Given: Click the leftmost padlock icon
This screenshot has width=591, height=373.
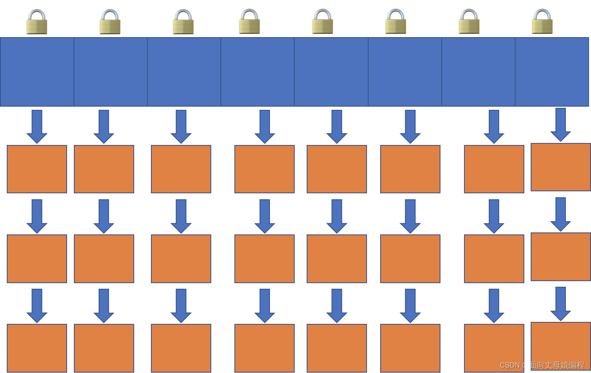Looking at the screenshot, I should [x=37, y=23].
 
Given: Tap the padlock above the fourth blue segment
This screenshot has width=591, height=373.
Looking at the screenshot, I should [x=250, y=23].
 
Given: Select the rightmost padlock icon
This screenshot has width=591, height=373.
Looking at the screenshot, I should [x=542, y=23].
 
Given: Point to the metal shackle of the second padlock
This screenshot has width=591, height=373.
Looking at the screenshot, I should [x=110, y=15].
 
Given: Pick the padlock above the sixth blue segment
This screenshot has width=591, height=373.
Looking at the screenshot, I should [x=396, y=23].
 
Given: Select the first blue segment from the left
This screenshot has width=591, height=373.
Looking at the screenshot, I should [x=37, y=72].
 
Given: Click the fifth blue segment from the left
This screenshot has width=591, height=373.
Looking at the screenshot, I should [x=331, y=72].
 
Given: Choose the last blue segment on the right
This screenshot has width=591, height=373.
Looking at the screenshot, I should [x=552, y=72].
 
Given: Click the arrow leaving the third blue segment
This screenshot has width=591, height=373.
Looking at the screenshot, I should [x=181, y=126].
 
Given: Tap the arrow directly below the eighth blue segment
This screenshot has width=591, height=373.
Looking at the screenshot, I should [x=561, y=124].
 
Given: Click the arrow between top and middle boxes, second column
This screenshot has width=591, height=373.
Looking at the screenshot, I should [x=104, y=216].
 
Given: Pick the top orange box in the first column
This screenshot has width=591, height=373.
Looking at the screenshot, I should [x=37, y=169].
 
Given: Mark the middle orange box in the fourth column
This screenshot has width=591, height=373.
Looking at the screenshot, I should [x=264, y=259].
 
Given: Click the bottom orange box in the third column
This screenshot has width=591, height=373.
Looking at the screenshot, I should [x=181, y=348].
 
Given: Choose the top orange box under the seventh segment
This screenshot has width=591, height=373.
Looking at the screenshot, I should [x=494, y=169].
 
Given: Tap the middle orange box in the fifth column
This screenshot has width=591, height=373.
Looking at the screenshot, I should [x=337, y=259].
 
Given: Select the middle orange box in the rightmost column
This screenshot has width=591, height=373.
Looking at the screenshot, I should [x=561, y=257].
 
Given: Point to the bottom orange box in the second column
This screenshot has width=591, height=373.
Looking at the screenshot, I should [x=104, y=348].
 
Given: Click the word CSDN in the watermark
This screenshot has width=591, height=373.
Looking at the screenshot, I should [x=510, y=365].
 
